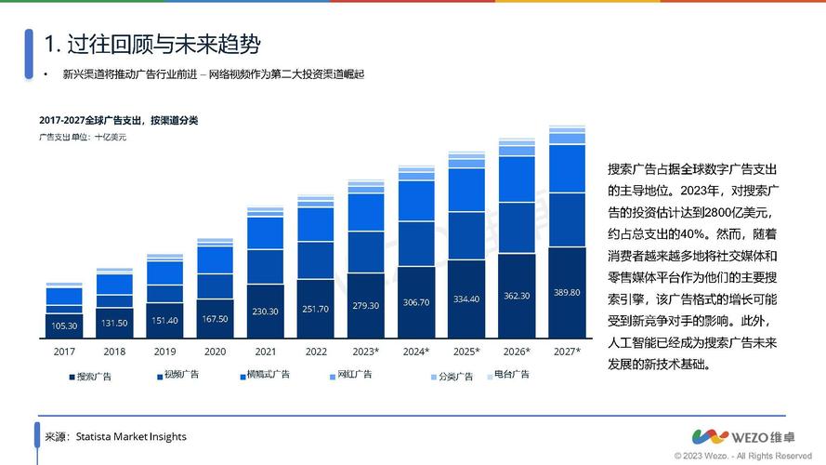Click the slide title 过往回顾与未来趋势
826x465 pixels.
[152, 44]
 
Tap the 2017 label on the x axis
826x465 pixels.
[64, 352]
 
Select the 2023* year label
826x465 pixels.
[365, 352]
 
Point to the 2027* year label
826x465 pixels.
[566, 352]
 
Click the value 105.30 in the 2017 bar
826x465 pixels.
[64, 326]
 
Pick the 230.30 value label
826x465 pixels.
[265, 312]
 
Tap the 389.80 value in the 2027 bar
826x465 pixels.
[566, 292]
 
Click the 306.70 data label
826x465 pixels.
[415, 302]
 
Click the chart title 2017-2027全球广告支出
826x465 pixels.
[118, 121]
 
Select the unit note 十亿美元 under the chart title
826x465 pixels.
[110, 138]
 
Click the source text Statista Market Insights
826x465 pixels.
[131, 436]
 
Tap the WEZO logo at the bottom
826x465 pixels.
[751, 436]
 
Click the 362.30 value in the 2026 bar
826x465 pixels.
[516, 296]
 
